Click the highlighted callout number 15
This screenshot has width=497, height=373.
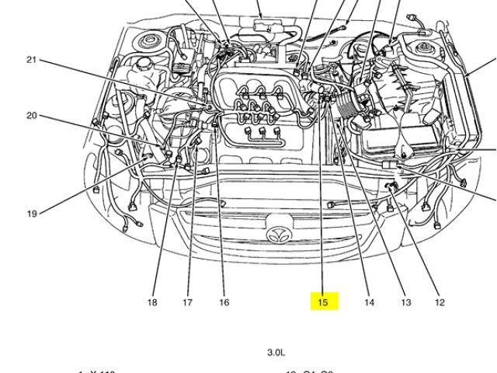[x=323, y=302]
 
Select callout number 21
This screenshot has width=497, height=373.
[x=31, y=60]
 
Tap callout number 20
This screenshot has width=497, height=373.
[x=31, y=116]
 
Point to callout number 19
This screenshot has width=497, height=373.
[x=31, y=213]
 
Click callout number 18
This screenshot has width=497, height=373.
[x=152, y=302]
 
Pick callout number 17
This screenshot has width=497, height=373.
[x=187, y=302]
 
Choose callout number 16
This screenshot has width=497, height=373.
[x=224, y=302]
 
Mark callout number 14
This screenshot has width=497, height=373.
[x=369, y=302]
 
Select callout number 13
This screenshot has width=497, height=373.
[x=405, y=302]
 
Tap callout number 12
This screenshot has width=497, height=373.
[x=440, y=302]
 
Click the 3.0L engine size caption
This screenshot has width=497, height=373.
[x=276, y=352]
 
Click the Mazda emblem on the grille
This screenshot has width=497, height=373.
[x=278, y=234]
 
